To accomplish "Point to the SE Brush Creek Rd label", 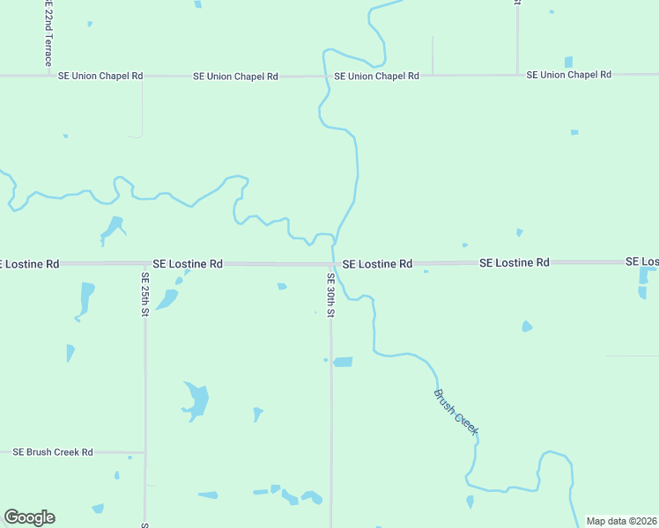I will pyautogui.click(x=53, y=452).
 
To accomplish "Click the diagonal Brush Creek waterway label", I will pyautogui.click(x=455, y=411).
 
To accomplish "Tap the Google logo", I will pyautogui.click(x=29, y=517).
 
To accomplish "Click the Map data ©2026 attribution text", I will pyautogui.click(x=622, y=521).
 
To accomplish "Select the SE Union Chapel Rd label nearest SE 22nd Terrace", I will pyautogui.click(x=100, y=76).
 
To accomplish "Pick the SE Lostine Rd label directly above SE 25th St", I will pyautogui.click(x=188, y=263).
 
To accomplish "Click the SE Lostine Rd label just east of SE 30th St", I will pyautogui.click(x=377, y=263).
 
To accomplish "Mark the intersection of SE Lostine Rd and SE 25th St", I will pyautogui.click(x=144, y=263).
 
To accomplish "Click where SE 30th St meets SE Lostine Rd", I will pyautogui.click(x=331, y=263).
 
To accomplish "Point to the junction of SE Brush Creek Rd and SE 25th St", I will pyautogui.click(x=144, y=452).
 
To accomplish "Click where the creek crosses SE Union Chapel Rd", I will pyautogui.click(x=327, y=76).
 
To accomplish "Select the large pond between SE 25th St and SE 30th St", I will pyautogui.click(x=196, y=401).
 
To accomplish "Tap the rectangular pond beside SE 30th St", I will pyautogui.click(x=343, y=362).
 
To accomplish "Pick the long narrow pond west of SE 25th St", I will pyautogui.click(x=85, y=298).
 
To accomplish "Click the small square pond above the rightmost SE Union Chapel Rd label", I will pyautogui.click(x=568, y=62).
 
